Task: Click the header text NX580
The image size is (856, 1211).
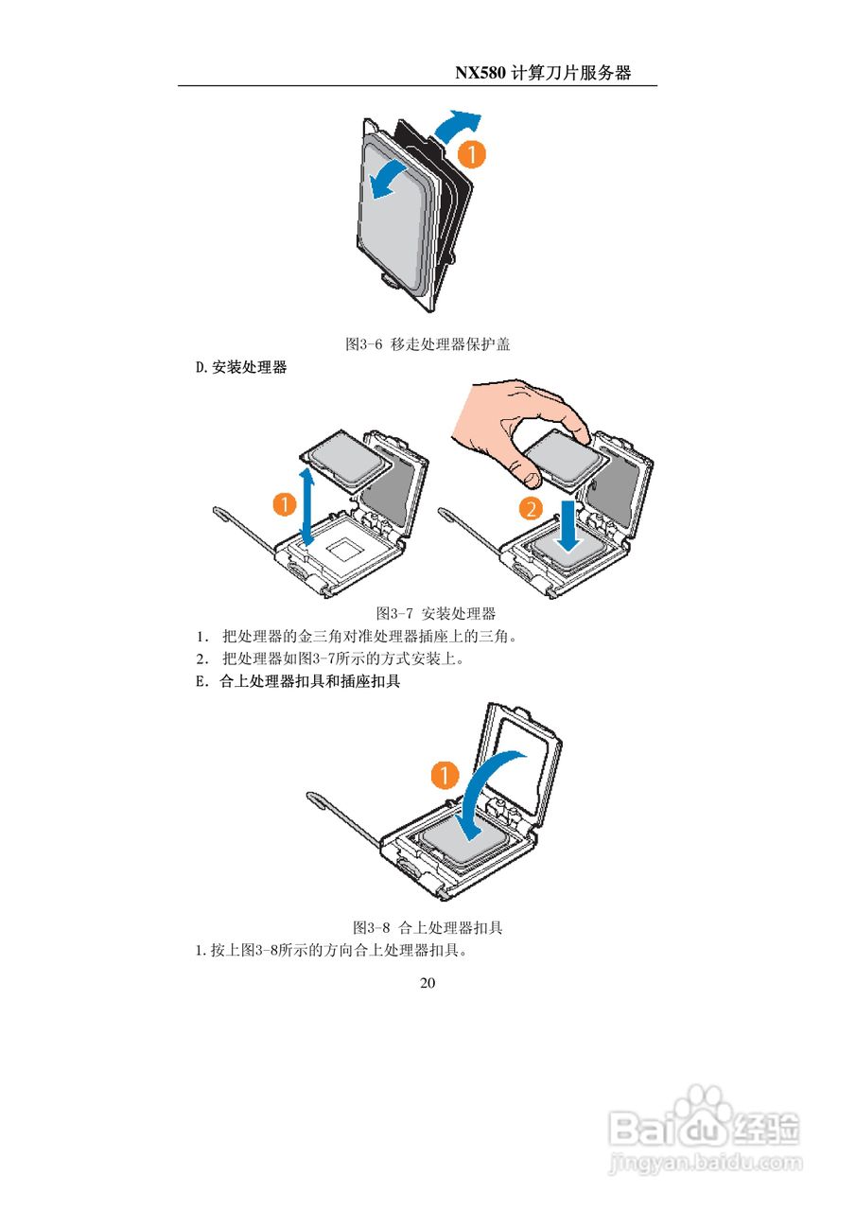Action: tap(481, 73)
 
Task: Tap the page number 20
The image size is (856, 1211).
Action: tap(428, 983)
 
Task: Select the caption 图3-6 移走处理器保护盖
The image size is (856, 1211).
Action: tap(428, 344)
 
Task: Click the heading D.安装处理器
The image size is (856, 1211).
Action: tap(241, 368)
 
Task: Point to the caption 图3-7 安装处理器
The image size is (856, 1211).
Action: tap(436, 613)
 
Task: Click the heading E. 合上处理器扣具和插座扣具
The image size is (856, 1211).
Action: tap(298, 681)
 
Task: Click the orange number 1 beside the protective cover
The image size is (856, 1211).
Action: tap(471, 153)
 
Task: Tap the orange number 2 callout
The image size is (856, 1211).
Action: tap(532, 510)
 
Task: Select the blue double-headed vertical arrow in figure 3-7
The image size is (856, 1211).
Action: tap(306, 506)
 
